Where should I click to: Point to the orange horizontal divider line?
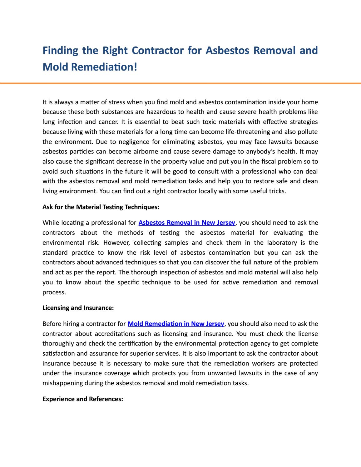click(x=180, y=83)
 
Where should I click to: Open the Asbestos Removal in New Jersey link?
click(x=186, y=223)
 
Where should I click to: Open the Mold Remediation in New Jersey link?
click(x=176, y=324)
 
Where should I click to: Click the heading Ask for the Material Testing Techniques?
click(x=101, y=207)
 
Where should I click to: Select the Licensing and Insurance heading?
click(x=78, y=308)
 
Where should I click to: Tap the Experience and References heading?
click(x=83, y=399)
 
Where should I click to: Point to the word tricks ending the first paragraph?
click(x=277, y=191)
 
